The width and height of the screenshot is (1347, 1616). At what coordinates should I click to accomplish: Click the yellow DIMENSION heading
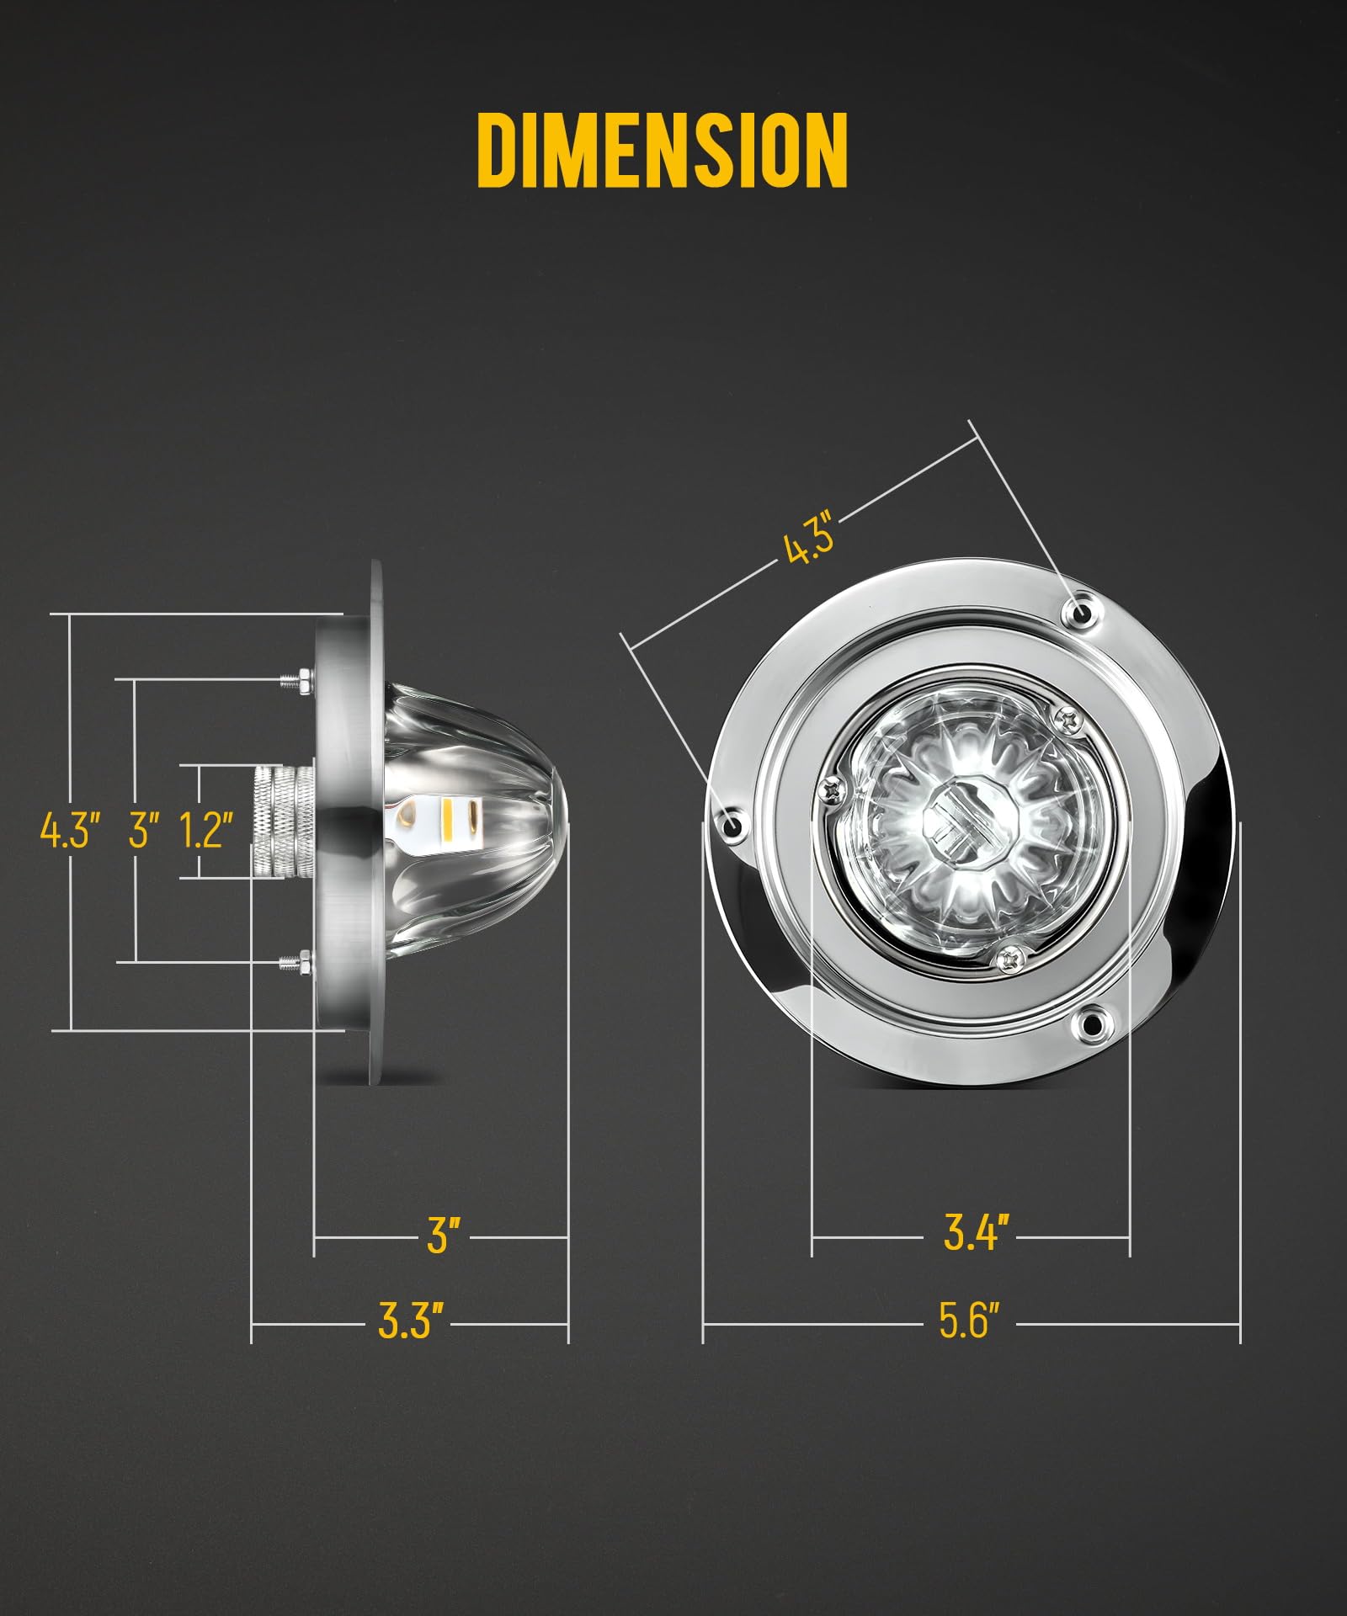[662, 150]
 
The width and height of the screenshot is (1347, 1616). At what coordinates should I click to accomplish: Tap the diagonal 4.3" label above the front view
[808, 540]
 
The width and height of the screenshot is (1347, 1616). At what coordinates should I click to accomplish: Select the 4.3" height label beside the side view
[71, 830]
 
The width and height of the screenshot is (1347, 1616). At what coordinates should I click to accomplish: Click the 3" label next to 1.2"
[145, 830]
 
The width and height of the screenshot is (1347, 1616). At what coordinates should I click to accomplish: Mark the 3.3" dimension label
[411, 1321]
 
